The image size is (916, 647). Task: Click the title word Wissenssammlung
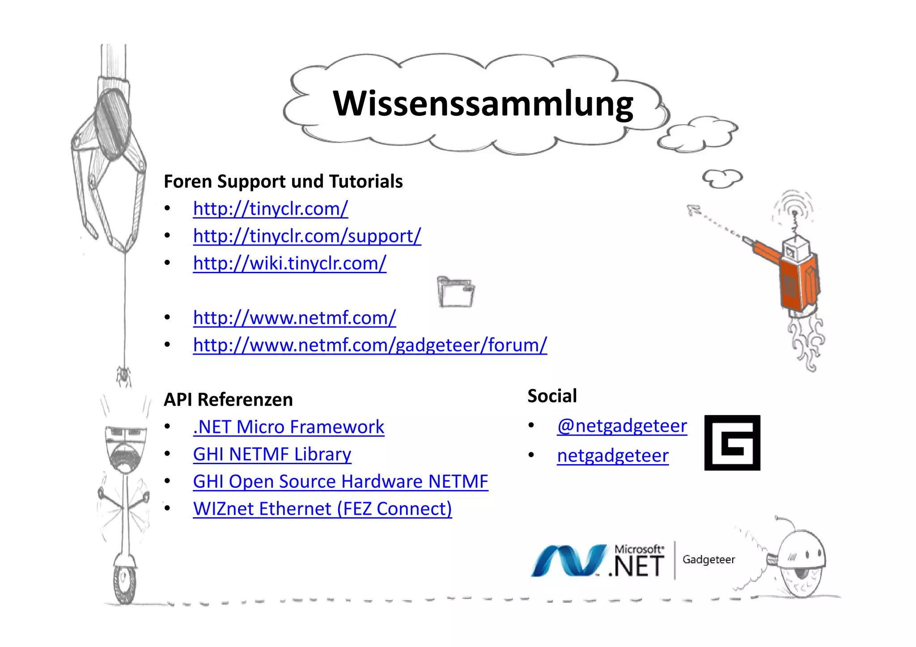pyautogui.click(x=483, y=104)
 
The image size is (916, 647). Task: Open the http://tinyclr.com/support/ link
pyautogui.click(x=307, y=236)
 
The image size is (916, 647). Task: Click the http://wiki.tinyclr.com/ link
pyautogui.click(x=289, y=263)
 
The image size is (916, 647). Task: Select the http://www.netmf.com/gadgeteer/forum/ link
pyautogui.click(x=370, y=345)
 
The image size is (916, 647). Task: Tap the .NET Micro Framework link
pyautogui.click(x=288, y=427)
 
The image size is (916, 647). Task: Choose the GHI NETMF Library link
pyautogui.click(x=272, y=454)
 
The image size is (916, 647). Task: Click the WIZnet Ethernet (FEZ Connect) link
pyautogui.click(x=322, y=509)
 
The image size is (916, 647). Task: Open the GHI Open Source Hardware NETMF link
pyautogui.click(x=340, y=482)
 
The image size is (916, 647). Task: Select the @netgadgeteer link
pyautogui.click(x=622, y=426)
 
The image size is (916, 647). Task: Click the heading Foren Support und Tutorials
pyautogui.click(x=283, y=182)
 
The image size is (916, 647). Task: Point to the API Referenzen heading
pyautogui.click(x=228, y=399)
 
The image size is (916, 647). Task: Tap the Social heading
pyautogui.click(x=552, y=396)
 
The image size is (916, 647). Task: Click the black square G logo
pyautogui.click(x=732, y=443)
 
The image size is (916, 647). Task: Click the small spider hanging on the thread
pyautogui.click(x=123, y=375)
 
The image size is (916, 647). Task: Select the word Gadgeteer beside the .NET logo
pyautogui.click(x=708, y=559)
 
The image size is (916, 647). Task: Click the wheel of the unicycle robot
pyautogui.click(x=124, y=584)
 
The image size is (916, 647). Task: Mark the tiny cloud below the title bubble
pyautogui.click(x=722, y=178)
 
